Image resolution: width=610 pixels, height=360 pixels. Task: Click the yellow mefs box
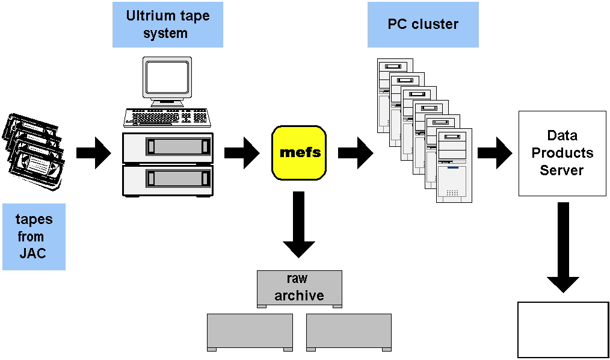pyautogui.click(x=300, y=152)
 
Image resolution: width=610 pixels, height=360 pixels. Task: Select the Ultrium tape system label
pyautogui.click(x=167, y=25)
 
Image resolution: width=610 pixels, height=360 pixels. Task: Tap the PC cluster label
pyautogui.click(x=423, y=25)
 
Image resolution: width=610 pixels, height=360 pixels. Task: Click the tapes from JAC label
pyautogui.click(x=34, y=236)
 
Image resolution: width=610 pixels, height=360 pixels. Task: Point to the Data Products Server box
pyautogui.click(x=562, y=153)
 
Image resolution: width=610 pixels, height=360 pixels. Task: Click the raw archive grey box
pyautogui.click(x=299, y=288)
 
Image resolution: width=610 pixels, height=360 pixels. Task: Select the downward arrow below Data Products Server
pyautogui.click(x=563, y=247)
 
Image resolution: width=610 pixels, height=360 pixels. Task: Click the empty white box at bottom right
pyautogui.click(x=563, y=329)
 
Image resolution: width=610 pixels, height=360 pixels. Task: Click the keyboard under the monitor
pyautogui.click(x=167, y=117)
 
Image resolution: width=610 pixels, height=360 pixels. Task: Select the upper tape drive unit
pyautogui.click(x=167, y=146)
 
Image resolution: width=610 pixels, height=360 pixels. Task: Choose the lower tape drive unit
pyautogui.click(x=167, y=179)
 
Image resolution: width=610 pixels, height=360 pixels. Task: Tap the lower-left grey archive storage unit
pyautogui.click(x=250, y=332)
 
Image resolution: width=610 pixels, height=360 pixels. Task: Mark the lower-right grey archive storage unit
pyautogui.click(x=348, y=332)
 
